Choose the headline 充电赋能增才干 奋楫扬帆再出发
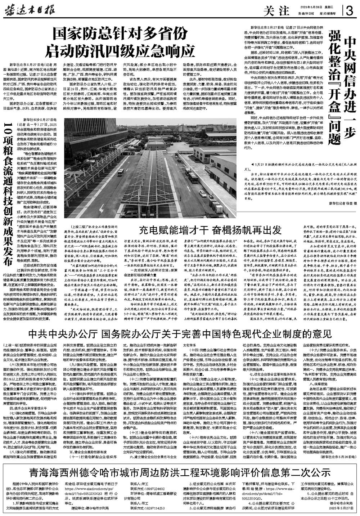pyautogui.click(x=210, y=230)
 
